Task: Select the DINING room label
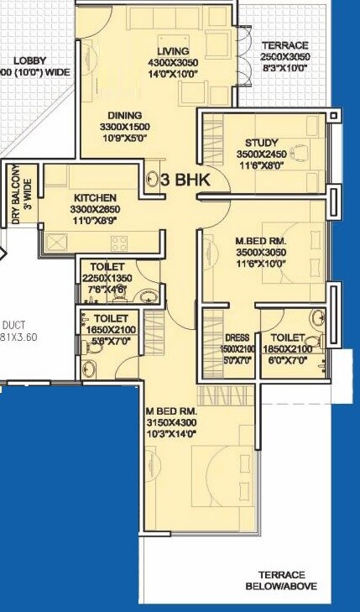124,115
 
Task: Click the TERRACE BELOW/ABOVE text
281,582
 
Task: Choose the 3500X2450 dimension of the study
261,155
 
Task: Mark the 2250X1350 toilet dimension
107,279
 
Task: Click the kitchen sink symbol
60,242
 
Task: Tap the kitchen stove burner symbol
120,243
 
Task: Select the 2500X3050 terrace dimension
284,57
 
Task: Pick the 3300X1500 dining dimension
124,127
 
